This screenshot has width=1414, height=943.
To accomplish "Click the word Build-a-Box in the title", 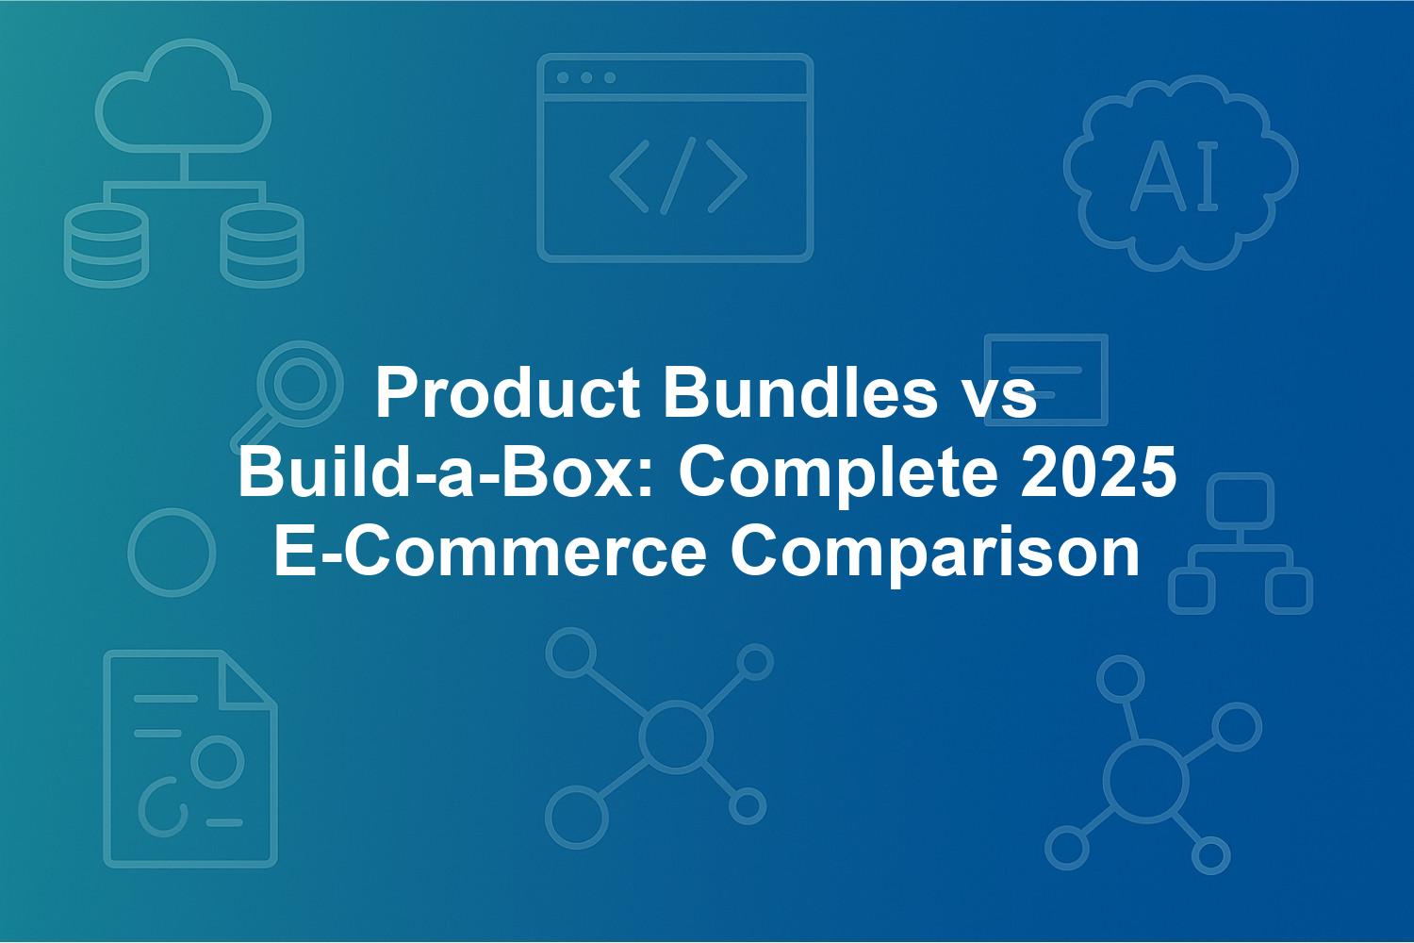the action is [x=445, y=471].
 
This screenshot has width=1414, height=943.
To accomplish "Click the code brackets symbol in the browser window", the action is [x=678, y=176].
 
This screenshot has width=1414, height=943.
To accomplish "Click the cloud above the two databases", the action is [x=183, y=96].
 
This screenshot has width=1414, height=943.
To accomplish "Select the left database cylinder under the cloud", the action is [x=107, y=245].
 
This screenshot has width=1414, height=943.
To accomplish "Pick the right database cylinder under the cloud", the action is [x=262, y=245].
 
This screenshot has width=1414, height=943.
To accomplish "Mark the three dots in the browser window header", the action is [x=586, y=77].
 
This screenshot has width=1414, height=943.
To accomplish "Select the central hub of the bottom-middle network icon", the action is [x=676, y=736].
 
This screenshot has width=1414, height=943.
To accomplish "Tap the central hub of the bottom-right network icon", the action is [x=1145, y=781].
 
